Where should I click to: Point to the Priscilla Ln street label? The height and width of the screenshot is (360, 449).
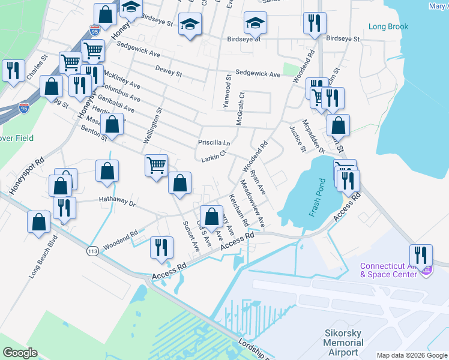(x=214, y=143)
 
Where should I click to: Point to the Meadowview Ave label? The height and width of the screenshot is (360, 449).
(x=252, y=203)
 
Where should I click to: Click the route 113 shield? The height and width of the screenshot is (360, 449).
(x=92, y=250)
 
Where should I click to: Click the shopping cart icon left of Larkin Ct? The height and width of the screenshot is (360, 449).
(x=156, y=164)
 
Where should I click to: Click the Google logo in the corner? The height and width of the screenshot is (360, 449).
(x=20, y=353)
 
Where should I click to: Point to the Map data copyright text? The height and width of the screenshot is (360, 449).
(x=411, y=355)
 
